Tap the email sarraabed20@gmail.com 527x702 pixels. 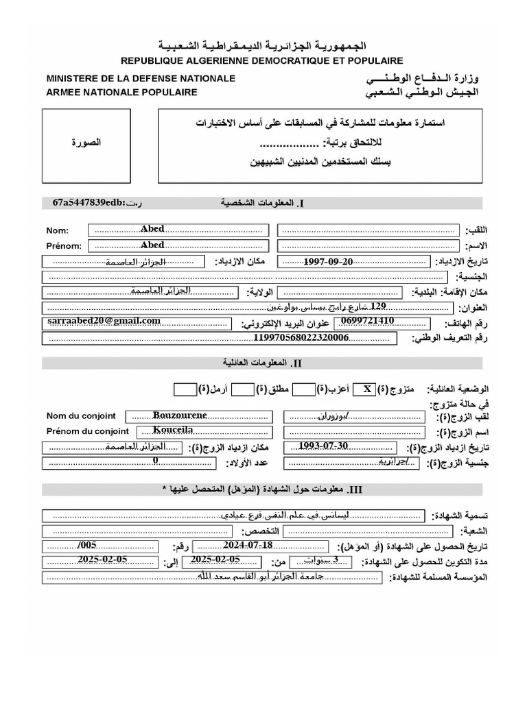click(104, 321)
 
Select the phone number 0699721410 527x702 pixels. click(367, 321)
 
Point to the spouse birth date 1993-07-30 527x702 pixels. click(324, 447)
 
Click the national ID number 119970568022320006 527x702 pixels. click(301, 338)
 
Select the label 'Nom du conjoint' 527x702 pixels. click(81, 416)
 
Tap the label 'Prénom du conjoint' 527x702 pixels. click(87, 431)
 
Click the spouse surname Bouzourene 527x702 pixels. click(180, 415)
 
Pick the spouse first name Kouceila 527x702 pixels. click(164, 431)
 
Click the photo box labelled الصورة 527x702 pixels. click(86, 143)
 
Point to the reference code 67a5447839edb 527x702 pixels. click(88, 203)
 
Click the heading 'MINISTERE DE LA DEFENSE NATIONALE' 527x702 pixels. click(141, 78)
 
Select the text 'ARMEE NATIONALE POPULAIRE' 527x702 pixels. click(121, 92)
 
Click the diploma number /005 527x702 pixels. click(89, 546)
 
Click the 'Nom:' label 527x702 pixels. click(58, 230)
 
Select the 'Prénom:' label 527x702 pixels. click(64, 246)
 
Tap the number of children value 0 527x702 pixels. click(155, 462)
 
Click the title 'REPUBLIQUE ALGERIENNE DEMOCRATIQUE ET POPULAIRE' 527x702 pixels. click(263, 61)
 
